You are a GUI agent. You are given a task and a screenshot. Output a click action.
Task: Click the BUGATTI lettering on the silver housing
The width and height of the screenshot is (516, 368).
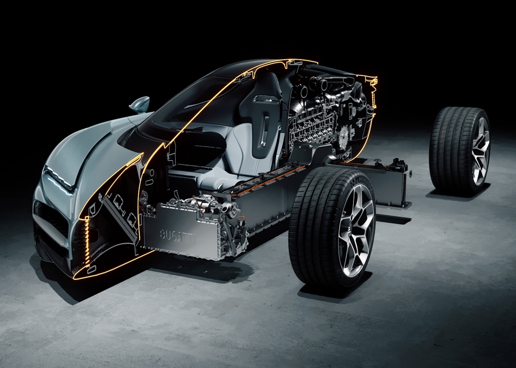tap(177, 236)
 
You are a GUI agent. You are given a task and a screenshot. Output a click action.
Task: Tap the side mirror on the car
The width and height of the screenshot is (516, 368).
tap(139, 105)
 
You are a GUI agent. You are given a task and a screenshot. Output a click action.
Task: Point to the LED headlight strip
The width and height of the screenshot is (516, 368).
tap(58, 178)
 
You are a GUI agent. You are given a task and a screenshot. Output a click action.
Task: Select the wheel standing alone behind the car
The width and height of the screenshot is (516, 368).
tap(460, 151)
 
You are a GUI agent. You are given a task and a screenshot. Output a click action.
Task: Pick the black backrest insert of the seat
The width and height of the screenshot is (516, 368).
tap(261, 118)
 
